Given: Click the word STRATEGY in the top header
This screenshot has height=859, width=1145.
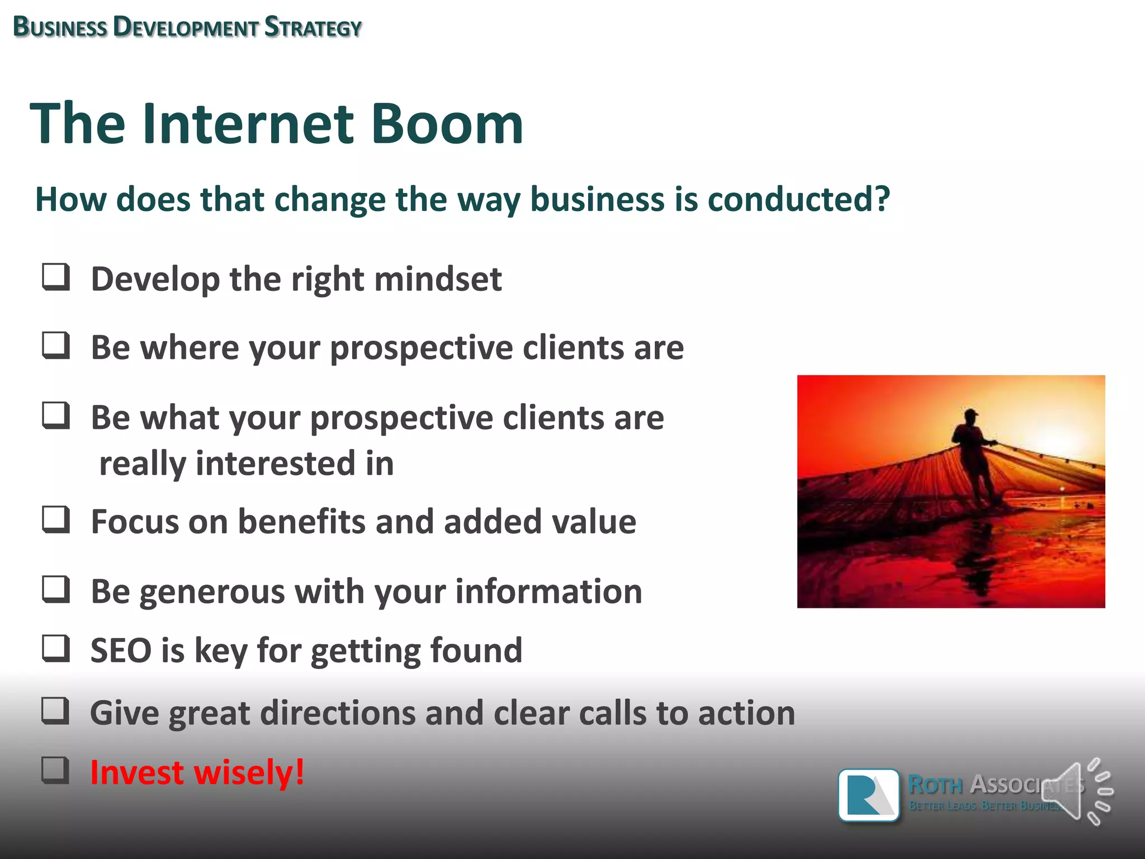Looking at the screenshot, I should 313,27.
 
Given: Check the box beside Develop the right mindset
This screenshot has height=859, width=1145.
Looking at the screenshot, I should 56,277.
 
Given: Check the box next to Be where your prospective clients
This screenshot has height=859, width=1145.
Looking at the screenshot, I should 56,346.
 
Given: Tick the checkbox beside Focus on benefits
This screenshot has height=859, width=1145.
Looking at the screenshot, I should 56,520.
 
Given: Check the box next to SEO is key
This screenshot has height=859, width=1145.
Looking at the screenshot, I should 56,648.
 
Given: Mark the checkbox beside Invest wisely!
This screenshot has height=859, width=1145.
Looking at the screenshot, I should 56,770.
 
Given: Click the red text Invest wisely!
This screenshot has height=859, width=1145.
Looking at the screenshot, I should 197,772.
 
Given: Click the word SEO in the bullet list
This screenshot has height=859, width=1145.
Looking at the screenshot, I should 121,650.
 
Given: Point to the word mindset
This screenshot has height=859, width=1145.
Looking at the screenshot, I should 438,279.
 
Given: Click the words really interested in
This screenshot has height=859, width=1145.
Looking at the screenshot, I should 246,464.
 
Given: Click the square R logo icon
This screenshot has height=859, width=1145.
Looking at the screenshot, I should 869,795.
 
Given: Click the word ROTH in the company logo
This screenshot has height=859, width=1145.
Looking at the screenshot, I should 935,785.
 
